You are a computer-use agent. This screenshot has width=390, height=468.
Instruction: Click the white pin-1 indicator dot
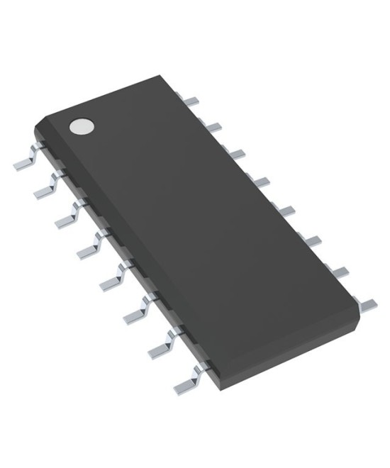81,127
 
